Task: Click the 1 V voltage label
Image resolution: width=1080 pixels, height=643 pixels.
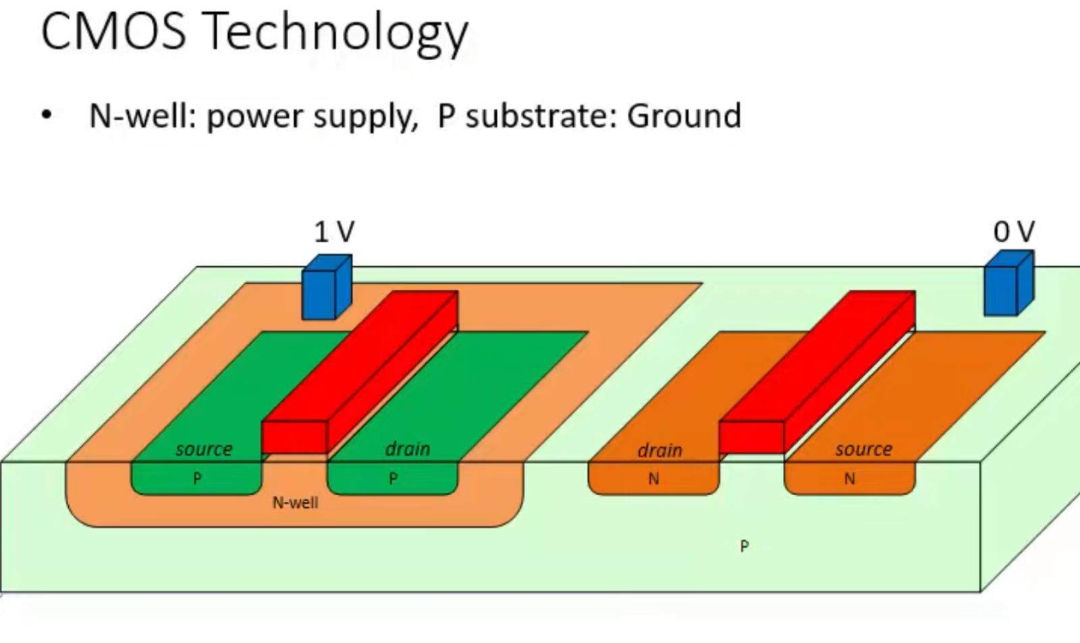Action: click(x=334, y=232)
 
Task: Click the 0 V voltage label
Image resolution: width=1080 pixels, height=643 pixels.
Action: click(x=1013, y=232)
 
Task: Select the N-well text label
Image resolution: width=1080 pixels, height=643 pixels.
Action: click(x=295, y=503)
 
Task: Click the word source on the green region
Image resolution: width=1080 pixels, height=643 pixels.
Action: click(x=204, y=449)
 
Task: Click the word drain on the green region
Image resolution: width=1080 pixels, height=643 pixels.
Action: click(x=408, y=449)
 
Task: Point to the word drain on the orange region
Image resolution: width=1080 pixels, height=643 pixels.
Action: click(x=659, y=451)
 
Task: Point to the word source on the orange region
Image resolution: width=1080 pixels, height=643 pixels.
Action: click(x=863, y=449)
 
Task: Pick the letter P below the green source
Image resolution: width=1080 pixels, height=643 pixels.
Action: click(x=197, y=478)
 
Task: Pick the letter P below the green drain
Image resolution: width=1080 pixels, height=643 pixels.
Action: click(x=394, y=478)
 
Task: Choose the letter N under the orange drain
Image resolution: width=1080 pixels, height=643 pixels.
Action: click(x=653, y=479)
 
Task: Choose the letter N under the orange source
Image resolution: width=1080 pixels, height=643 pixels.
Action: click(x=849, y=479)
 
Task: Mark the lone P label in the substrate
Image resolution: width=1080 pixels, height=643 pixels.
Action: click(x=744, y=546)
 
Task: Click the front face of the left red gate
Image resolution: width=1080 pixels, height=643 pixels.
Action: click(x=294, y=437)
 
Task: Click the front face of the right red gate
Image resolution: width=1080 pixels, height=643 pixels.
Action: click(x=751, y=437)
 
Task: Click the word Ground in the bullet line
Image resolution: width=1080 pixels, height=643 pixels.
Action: click(x=684, y=116)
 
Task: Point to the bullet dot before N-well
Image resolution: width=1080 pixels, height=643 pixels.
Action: click(x=46, y=115)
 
